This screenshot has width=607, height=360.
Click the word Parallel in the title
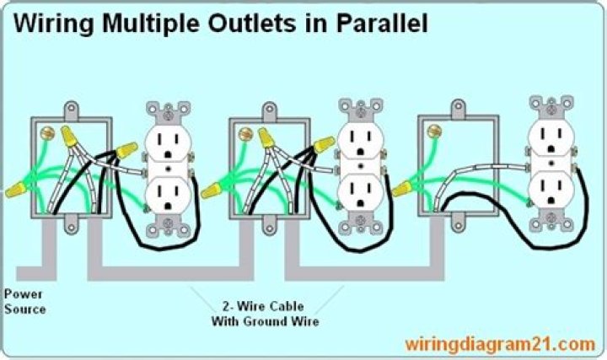point(382,23)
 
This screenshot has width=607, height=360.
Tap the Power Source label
point(24,302)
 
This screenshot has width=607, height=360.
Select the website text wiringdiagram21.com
point(500,344)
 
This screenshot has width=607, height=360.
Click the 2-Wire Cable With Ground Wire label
point(266,314)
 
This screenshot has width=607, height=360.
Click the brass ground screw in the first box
point(47,133)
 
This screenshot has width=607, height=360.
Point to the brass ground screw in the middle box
point(245,134)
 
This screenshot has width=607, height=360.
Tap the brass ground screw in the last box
point(434,132)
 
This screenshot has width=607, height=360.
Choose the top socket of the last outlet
point(551,139)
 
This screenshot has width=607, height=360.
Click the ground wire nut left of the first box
point(16,190)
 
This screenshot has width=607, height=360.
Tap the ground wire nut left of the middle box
point(211,191)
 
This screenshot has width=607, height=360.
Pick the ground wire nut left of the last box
point(402,189)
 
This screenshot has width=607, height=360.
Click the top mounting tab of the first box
point(71,110)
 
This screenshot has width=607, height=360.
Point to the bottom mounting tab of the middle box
point(270,225)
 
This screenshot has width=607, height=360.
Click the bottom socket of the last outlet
point(551,190)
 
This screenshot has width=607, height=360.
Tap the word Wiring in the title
point(54,24)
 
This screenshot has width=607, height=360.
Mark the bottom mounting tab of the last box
point(458,223)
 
